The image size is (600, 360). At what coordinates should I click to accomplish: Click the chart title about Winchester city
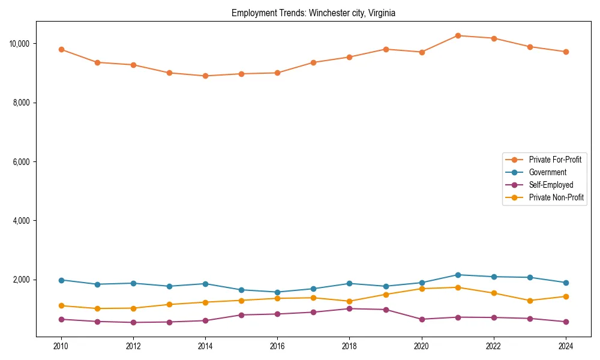313,13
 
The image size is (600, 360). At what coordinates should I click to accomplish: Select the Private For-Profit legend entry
554,160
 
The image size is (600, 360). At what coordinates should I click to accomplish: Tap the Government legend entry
547,172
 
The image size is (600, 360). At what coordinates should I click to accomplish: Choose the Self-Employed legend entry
551,185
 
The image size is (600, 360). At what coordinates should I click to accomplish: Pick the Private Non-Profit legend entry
556,197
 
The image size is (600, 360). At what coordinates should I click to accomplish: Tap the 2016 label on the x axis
277,346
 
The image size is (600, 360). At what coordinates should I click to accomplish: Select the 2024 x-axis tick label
565,346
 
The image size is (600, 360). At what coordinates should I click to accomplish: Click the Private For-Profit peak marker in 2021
458,35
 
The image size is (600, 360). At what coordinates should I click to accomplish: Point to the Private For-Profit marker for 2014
205,76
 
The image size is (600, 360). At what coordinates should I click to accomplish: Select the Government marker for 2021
458,275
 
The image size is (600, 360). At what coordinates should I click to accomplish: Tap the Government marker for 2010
61,280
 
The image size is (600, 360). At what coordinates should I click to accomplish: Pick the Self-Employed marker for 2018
349,308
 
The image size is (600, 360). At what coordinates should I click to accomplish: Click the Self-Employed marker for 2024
565,322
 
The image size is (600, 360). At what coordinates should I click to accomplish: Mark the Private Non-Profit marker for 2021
458,287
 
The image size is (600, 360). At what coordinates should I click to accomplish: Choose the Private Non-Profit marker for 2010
61,306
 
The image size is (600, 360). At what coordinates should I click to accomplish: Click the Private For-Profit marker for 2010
61,50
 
